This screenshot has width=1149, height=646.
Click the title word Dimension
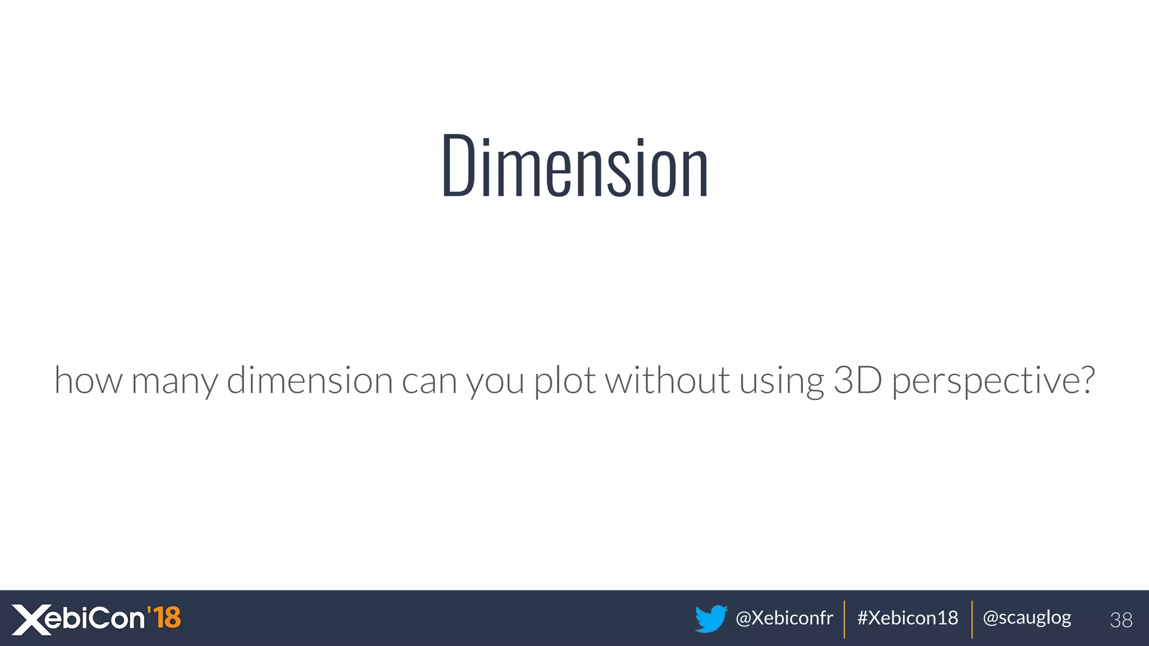tap(575, 167)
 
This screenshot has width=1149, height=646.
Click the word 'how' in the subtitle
tap(88, 381)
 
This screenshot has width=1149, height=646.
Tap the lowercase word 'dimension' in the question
tap(310, 380)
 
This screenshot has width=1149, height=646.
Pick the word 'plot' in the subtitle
tap(564, 381)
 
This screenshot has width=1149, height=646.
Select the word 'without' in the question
tap(667, 380)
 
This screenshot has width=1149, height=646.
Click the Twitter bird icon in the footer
tap(711, 619)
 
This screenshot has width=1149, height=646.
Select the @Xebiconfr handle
tap(784, 618)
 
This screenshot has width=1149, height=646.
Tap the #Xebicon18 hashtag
tap(908, 618)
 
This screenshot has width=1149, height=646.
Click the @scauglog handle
tap(1027, 618)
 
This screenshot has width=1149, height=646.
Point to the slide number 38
tap(1121, 620)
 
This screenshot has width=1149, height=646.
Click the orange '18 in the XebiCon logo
tap(164, 618)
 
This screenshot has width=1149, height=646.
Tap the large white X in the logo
tap(31, 620)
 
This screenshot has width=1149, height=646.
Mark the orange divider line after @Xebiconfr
tap(844, 619)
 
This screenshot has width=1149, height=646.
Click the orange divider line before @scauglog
tap(972, 619)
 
